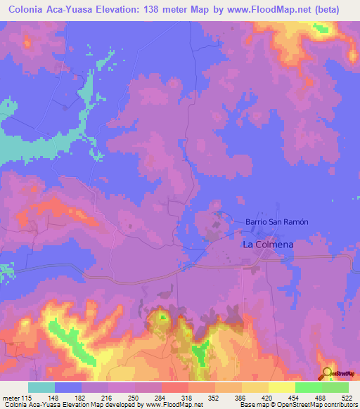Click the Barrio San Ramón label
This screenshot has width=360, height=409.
click(277, 221)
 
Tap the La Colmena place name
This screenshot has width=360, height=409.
click(267, 245)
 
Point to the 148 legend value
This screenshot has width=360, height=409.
click(53, 397)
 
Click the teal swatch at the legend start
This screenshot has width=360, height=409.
click(41, 387)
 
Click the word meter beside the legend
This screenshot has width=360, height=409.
click(12, 397)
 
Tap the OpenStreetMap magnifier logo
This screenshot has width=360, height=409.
click(327, 374)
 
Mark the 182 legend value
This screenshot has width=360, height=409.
click(80, 397)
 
